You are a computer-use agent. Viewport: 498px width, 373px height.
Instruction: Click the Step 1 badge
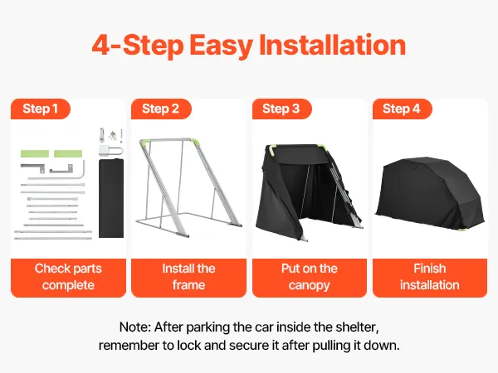point(41,109)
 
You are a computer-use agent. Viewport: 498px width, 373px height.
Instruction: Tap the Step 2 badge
point(161,109)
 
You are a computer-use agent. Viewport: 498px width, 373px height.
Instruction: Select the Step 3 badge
point(281,109)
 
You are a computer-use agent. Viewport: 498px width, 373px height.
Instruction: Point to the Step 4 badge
point(402,109)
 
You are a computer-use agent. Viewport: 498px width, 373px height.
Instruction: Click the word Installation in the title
point(333,46)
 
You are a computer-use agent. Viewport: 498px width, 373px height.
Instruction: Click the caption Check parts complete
point(68,277)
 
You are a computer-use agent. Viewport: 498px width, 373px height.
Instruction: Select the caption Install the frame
point(188,277)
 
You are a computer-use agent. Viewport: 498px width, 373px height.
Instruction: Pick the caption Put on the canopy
point(310,277)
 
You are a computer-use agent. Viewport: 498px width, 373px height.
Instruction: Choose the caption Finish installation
point(430,277)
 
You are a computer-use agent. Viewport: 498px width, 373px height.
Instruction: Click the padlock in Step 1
point(110,151)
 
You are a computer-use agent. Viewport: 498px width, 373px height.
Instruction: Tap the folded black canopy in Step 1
point(111,198)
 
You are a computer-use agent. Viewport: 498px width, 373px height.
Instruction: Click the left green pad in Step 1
point(35,154)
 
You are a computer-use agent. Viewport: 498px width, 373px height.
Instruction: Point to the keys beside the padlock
point(112,136)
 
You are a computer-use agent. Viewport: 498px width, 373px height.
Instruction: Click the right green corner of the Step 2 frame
point(194,142)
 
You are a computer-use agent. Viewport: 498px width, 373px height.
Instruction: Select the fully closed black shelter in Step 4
point(430,193)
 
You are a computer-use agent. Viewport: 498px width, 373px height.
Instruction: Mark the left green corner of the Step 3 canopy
point(272,150)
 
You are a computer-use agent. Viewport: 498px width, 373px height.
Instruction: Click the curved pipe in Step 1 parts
point(84,170)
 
